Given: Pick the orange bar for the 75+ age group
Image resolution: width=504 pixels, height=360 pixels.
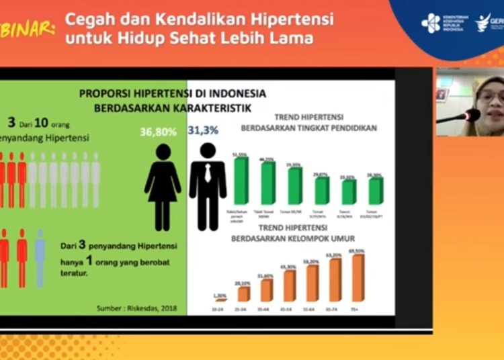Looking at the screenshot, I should click(x=358, y=277).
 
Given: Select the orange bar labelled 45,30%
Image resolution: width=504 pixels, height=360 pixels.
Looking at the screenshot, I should click(x=289, y=285).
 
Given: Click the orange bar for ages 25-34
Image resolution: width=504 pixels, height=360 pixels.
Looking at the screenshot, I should click(x=243, y=294).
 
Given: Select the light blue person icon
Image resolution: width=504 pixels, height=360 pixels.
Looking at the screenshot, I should click(x=40, y=258).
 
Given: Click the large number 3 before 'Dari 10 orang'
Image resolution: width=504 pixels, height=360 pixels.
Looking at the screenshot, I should click(x=11, y=122).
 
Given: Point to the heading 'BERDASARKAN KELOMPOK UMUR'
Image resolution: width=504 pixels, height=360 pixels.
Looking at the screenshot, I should click(x=293, y=238).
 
